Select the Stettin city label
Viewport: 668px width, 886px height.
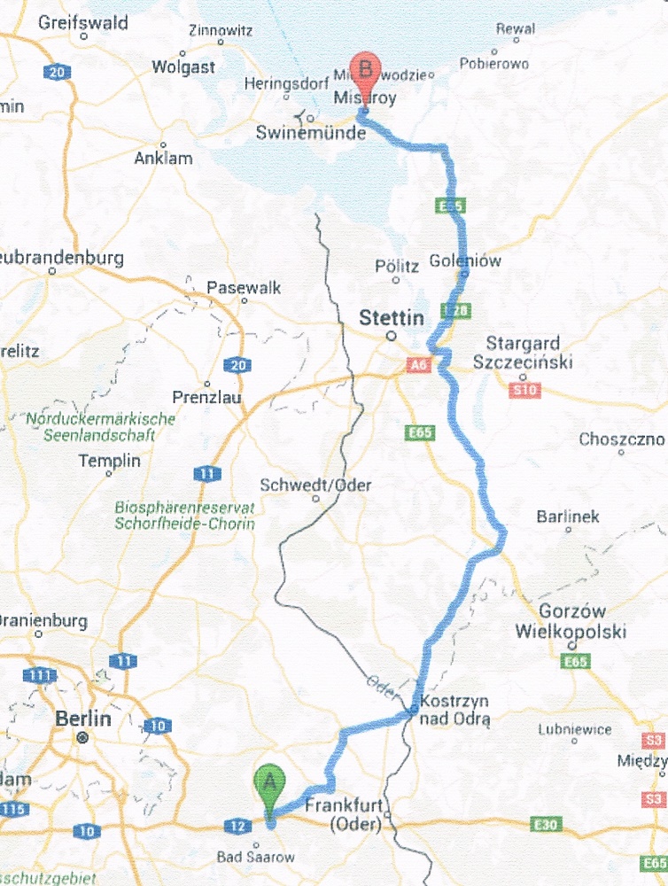click(392, 318)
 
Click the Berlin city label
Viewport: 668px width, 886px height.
click(83, 718)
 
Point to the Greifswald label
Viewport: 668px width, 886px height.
click(83, 23)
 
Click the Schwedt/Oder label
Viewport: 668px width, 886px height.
click(315, 486)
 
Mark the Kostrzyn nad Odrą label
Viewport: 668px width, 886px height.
click(454, 709)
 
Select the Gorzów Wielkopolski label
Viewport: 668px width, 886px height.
click(571, 622)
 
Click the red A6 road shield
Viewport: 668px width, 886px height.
click(418, 364)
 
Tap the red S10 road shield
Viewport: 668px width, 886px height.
click(526, 388)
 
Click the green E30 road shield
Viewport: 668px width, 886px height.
click(546, 825)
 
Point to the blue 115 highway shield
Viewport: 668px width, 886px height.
click(12, 809)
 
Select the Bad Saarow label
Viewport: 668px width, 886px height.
click(256, 857)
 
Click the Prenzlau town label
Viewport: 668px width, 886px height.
click(209, 399)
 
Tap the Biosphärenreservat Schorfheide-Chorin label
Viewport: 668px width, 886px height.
click(184, 516)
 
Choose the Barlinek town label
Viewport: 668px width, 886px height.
click(568, 517)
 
